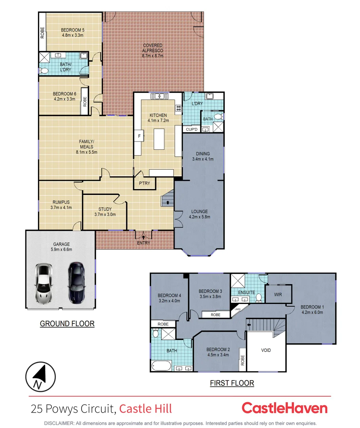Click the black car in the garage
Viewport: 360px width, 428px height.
76,282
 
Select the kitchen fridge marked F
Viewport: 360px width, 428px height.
139,136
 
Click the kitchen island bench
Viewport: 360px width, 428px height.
159,138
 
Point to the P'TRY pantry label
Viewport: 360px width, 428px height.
144,183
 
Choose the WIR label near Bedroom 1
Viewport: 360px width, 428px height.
278,295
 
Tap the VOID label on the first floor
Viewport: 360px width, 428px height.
266,350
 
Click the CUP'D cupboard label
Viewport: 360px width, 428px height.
192,129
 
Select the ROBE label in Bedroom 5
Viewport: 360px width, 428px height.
42,32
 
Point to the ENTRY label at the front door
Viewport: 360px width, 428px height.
143,243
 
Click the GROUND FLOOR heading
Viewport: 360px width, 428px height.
67,324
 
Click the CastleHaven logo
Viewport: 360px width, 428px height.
284,408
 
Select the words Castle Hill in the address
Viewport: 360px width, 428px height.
146,409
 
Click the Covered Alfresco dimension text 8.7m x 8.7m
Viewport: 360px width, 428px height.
153,56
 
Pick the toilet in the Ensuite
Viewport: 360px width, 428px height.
259,297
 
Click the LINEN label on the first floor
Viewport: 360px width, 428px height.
238,309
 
